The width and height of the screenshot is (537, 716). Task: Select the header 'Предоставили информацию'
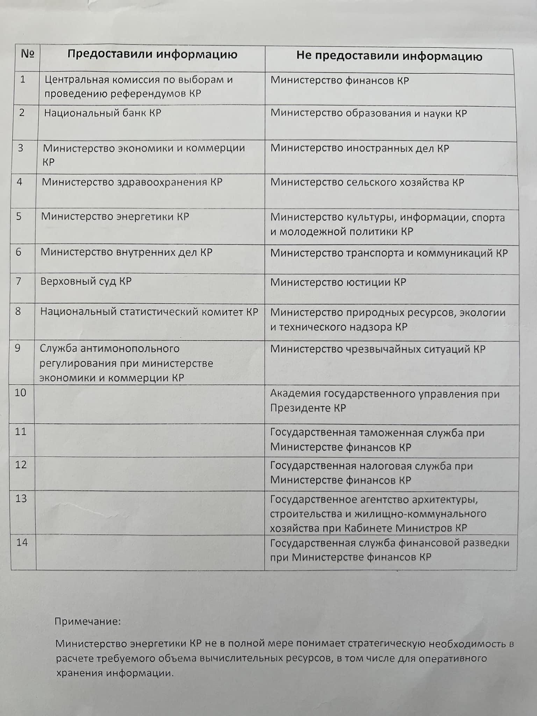152,55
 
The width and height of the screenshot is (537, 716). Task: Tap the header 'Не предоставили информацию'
389,56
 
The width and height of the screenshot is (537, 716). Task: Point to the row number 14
22,542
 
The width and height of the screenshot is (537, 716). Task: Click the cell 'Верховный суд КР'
86,281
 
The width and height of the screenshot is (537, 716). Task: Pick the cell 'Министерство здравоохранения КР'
132,182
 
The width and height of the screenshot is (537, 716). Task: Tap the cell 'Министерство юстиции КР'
338,282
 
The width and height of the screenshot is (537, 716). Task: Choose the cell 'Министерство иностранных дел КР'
359,148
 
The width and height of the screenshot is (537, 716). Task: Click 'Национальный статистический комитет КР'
149,312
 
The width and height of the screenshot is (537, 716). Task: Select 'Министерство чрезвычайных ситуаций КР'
378,349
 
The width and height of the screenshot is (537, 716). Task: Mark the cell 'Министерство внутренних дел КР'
126,252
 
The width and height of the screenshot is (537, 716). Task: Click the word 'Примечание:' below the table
88,622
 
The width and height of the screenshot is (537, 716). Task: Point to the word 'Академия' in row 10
295,394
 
